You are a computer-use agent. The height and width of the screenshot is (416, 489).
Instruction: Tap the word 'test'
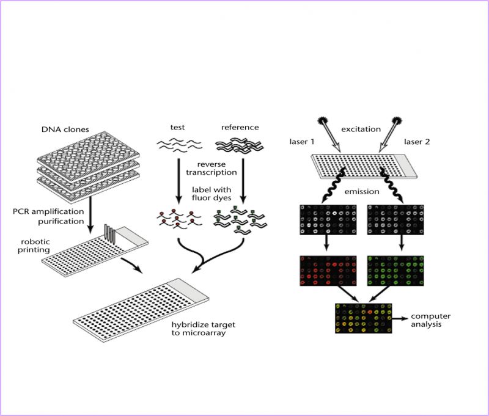pyautogui.click(x=177, y=128)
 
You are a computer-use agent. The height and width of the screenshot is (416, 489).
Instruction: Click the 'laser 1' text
pyautogui.click(x=303, y=142)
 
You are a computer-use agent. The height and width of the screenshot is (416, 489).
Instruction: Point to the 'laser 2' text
pyautogui.click(x=417, y=142)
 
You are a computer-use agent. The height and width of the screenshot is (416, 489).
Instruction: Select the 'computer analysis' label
pyautogui.click(x=431, y=320)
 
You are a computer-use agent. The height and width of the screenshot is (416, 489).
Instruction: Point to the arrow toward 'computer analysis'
pyautogui.click(x=400, y=318)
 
